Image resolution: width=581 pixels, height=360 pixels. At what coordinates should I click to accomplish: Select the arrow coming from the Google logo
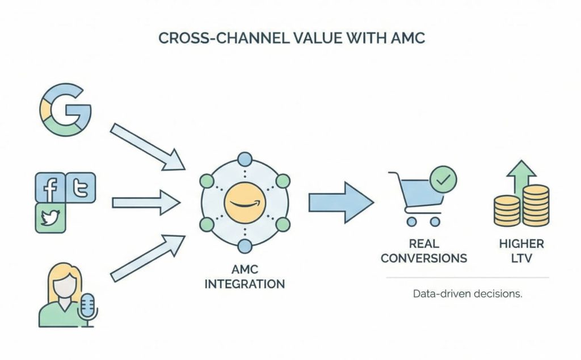click(x=147, y=146)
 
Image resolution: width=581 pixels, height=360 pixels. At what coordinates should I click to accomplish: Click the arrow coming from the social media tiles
click(x=145, y=202)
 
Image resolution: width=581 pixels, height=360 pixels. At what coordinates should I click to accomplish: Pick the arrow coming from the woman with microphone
click(x=147, y=259)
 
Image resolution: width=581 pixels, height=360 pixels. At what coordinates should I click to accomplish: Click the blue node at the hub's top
click(x=245, y=159)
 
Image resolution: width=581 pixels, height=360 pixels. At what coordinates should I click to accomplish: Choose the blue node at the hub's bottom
click(x=245, y=246)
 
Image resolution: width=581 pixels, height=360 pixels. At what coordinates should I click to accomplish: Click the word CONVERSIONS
click(x=424, y=258)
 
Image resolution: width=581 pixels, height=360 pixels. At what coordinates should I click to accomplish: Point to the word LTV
click(x=521, y=258)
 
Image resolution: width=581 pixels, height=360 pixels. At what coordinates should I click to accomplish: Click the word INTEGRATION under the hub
click(x=245, y=283)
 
